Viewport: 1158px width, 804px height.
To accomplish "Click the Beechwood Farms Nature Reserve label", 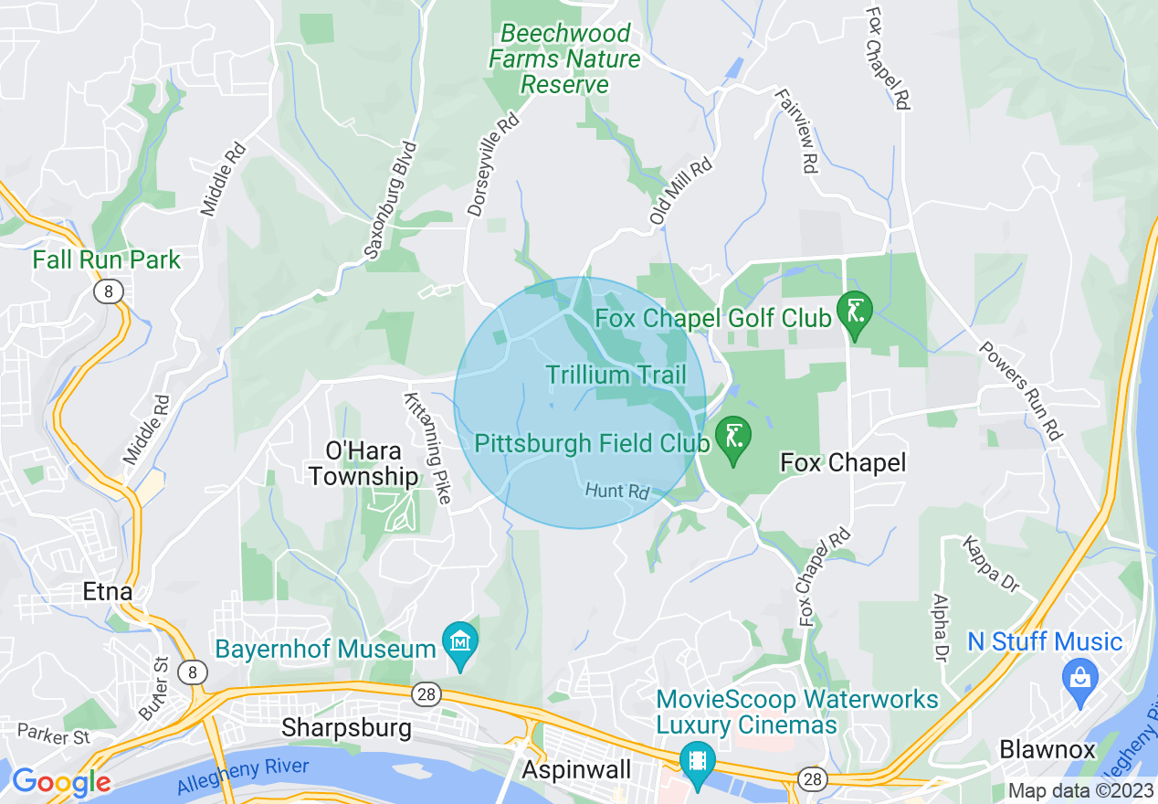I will click(564, 59).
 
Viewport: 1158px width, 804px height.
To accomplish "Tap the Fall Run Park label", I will click(107, 259).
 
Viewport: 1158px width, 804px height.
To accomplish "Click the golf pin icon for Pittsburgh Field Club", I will click(732, 440).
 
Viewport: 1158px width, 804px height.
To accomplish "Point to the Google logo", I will click(61, 782).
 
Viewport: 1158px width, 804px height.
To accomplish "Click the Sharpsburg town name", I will click(347, 728).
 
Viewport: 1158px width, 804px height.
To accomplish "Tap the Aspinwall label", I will click(576, 770).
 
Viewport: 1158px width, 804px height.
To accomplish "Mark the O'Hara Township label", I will click(372, 463).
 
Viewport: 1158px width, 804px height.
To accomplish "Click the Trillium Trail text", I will click(616, 375).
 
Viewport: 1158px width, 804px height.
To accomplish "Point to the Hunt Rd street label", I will click(616, 492).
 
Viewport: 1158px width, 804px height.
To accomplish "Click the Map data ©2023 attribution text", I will click(1079, 791).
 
